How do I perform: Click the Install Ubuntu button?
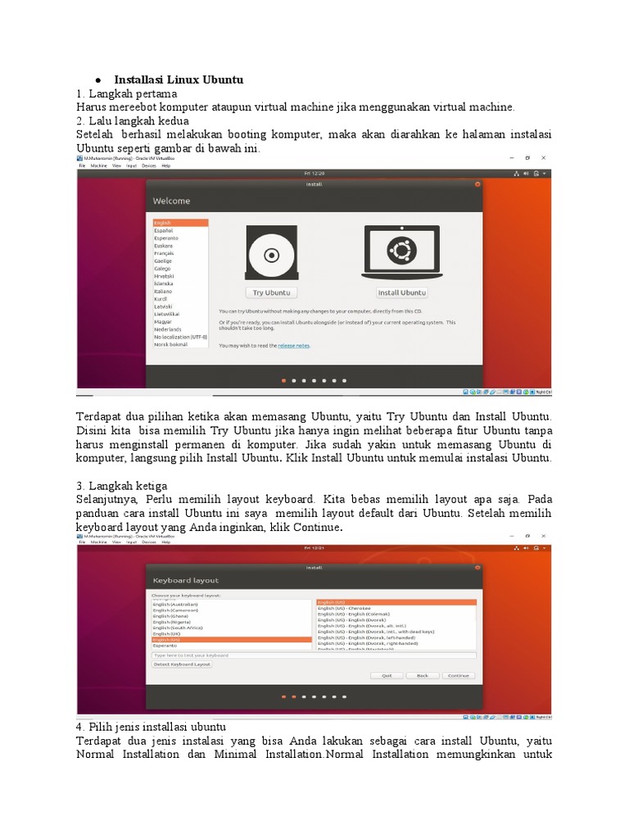(402, 293)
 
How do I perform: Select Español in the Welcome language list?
(163, 230)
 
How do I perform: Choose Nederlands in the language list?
(167, 329)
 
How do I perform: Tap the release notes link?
(293, 346)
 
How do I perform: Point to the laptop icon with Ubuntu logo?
(402, 251)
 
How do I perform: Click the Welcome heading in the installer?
(171, 201)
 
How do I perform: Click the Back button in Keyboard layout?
(423, 675)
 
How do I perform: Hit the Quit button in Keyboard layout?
(387, 675)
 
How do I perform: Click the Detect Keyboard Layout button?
(182, 664)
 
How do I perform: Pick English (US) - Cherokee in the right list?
(343, 608)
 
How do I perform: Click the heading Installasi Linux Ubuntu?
(179, 79)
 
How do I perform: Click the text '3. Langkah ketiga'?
(121, 486)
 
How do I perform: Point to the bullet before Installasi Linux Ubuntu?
(97, 80)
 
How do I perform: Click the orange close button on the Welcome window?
(477, 184)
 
